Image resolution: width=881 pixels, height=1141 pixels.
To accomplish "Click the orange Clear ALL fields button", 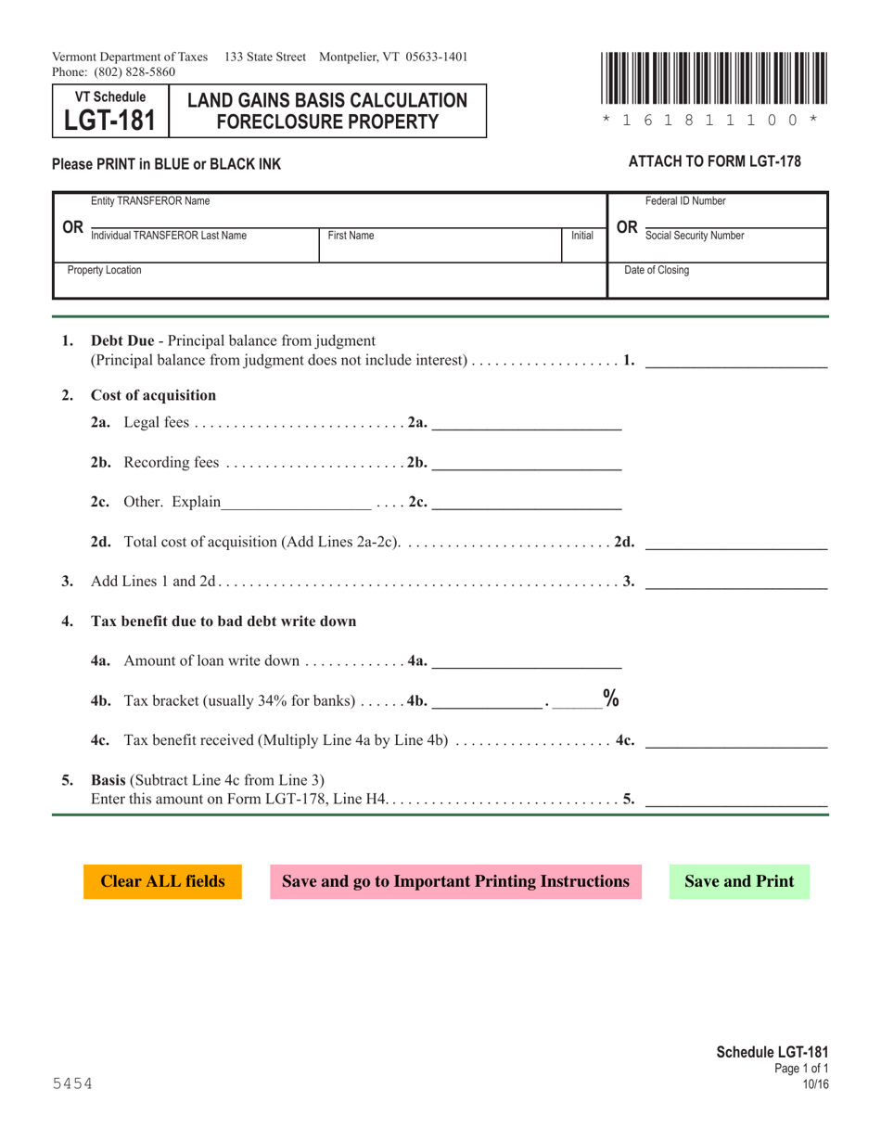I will click(x=162, y=881).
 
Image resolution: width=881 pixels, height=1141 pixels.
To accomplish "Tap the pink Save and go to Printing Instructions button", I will click(x=455, y=881).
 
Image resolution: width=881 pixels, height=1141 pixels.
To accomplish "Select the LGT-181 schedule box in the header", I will click(x=110, y=112).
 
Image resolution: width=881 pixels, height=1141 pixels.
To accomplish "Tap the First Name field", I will click(x=440, y=249).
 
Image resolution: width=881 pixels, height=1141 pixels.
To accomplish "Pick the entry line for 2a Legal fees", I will click(x=527, y=423).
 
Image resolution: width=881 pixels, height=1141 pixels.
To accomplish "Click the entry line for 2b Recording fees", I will click(x=527, y=462).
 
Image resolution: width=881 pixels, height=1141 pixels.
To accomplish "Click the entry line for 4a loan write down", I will click(x=527, y=660).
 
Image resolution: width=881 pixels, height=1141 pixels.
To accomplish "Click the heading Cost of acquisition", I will click(x=153, y=395).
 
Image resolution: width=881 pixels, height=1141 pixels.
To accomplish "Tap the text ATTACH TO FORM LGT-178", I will click(x=715, y=161).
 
